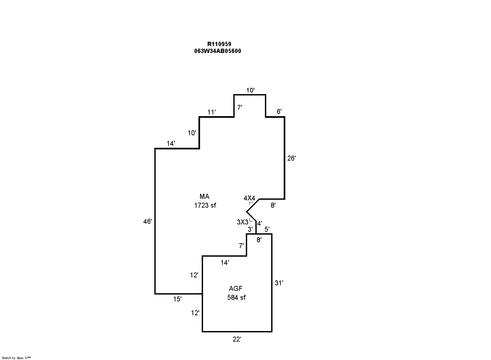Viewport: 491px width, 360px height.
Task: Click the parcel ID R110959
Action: tap(219, 44)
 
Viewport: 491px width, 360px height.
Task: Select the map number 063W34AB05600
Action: tap(218, 51)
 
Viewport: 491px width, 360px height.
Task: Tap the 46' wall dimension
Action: tap(147, 221)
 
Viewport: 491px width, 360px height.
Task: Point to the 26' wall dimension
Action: tap(291, 158)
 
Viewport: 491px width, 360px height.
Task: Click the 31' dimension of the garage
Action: tap(279, 283)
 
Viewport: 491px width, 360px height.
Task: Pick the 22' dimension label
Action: tap(237, 340)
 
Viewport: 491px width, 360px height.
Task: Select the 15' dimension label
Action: tap(177, 299)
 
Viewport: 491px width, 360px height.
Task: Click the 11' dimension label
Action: tap(212, 112)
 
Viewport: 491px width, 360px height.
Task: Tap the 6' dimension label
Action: tap(279, 112)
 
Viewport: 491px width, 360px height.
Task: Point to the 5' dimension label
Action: tap(267, 229)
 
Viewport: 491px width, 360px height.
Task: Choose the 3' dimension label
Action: tap(250, 229)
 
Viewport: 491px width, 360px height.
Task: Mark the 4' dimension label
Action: tap(260, 223)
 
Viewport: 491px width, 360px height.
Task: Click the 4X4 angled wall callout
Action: tap(249, 198)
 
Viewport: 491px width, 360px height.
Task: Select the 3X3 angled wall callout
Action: tap(243, 222)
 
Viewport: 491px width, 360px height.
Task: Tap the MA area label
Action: tap(204, 196)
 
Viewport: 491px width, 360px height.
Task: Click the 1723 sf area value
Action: tap(205, 205)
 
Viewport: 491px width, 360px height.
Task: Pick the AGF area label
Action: tap(236, 289)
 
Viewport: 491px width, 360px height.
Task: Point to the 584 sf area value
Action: tap(236, 297)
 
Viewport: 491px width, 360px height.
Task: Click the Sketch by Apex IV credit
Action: tap(16, 358)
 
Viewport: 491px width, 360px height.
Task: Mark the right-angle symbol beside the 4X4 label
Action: tap(251, 204)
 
